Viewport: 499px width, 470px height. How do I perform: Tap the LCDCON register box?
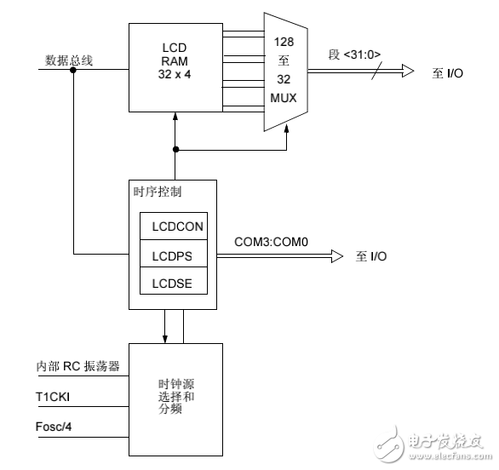(174, 226)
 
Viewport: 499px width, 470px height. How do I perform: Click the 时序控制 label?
(158, 192)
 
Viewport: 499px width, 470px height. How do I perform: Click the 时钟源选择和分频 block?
(175, 398)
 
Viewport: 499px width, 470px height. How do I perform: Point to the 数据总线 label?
(69, 60)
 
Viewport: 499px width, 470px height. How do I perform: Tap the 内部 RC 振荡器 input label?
(77, 365)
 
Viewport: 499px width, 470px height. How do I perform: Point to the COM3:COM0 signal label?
(271, 242)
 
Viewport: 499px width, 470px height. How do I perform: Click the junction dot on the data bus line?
(73, 71)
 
